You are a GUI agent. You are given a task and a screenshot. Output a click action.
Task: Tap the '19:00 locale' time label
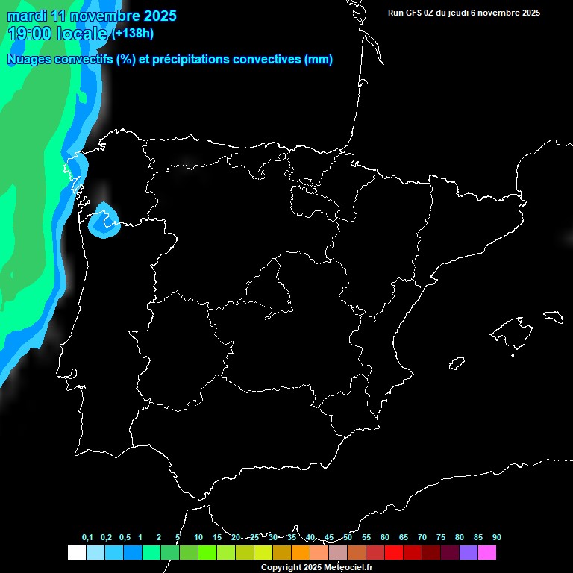point(57,34)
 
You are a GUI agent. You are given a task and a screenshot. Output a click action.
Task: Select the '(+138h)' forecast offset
point(134,34)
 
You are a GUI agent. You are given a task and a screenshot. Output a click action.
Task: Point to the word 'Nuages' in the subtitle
point(30,60)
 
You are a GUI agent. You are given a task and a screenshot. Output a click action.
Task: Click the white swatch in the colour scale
point(76,553)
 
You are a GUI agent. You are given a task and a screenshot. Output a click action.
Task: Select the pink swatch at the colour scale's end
point(487,553)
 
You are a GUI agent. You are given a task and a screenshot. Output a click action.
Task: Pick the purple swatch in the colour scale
point(469,553)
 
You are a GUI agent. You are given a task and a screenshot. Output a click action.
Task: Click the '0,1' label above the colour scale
point(87,538)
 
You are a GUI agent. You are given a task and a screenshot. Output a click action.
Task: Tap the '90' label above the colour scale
point(497,538)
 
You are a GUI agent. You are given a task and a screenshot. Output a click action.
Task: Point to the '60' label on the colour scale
point(385,538)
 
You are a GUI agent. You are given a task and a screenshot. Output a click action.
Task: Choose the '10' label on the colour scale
point(198,538)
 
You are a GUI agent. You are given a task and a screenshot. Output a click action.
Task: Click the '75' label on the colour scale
point(441,538)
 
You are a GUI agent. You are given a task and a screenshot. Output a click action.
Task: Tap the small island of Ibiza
point(457,363)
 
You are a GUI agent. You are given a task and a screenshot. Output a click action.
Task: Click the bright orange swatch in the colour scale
point(301,553)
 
